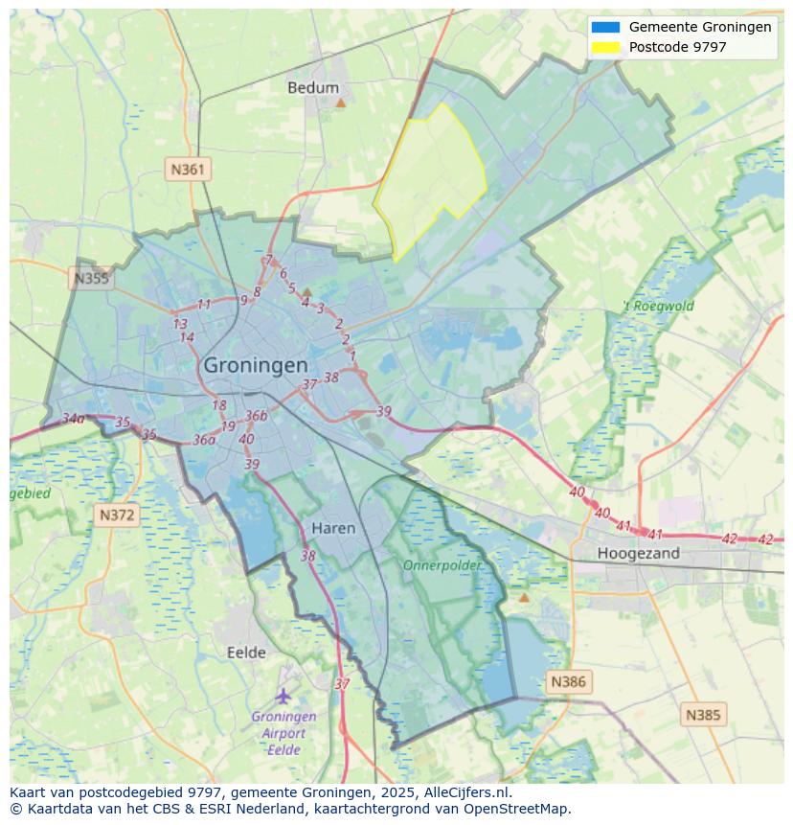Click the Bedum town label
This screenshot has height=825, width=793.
[x=313, y=87]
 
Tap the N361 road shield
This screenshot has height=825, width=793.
[x=188, y=170]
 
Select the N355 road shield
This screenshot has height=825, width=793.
[x=91, y=279]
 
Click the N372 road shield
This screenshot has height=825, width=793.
[x=117, y=516]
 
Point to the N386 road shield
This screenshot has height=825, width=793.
[x=568, y=682]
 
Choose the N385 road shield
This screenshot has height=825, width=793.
[x=704, y=715]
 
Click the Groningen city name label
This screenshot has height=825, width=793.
[x=256, y=366]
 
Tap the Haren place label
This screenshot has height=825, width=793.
[x=333, y=528]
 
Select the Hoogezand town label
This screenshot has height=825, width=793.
[x=638, y=553]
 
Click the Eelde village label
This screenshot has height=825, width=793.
[x=246, y=653]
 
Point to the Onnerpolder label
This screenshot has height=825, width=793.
[x=442, y=565]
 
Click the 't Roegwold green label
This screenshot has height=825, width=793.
[x=658, y=307]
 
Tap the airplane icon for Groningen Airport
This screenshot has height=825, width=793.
[x=283, y=696]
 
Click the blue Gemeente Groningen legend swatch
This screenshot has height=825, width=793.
[x=605, y=27]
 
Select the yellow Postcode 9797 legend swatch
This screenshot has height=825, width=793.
[x=605, y=46]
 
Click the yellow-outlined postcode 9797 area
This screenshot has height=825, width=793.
[x=431, y=177]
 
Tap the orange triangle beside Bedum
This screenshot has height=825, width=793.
[x=340, y=101]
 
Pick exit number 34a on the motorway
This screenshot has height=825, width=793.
[x=74, y=419]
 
